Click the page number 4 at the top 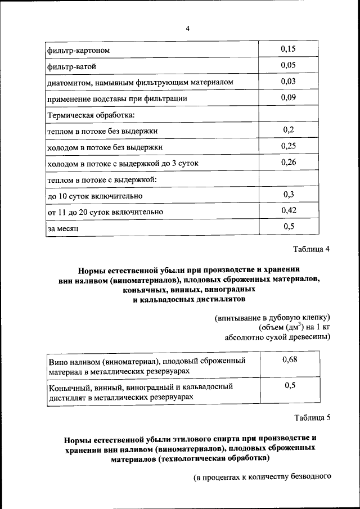point(188,29)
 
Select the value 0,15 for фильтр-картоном point(288,49)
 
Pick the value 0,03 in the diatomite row point(288,82)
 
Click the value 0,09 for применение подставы point(288,98)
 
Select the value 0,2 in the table point(289,130)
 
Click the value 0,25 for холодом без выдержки point(288,146)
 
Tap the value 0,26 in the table point(288,163)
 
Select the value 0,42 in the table point(288,211)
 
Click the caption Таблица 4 point(311,249)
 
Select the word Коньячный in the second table point(70,387)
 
